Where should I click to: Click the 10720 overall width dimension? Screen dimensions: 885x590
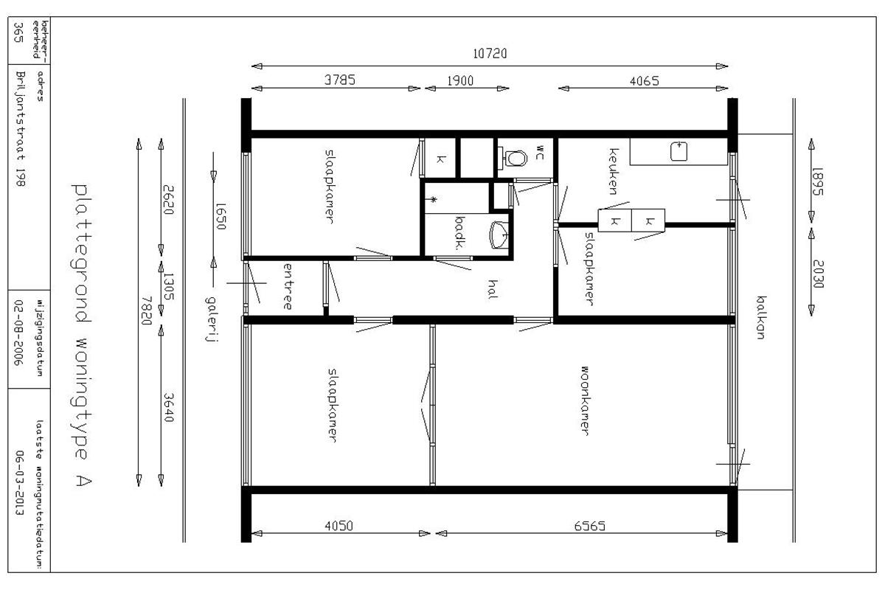(490, 53)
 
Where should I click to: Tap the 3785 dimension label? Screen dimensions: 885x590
(340, 80)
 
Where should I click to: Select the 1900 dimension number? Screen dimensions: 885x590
(460, 81)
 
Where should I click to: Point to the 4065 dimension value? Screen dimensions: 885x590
(645, 81)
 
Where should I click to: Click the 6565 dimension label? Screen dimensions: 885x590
(589, 526)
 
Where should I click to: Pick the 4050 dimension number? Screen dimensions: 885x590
(339, 526)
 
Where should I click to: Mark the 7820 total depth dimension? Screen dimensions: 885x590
(147, 311)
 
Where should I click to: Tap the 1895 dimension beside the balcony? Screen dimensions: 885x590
(817, 181)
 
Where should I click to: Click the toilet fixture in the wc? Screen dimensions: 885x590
(513, 158)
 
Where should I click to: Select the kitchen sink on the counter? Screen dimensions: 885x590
(678, 151)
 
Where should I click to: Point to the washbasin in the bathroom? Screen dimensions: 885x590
(499, 235)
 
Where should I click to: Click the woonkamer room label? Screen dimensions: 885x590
(586, 400)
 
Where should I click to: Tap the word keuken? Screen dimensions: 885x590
(613, 172)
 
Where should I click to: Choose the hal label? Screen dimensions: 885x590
(493, 289)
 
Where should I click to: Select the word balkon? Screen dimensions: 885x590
(761, 317)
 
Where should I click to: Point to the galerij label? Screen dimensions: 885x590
(212, 319)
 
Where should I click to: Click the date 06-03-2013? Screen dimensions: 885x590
(20, 483)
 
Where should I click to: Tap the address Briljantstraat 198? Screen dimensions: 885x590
(21, 128)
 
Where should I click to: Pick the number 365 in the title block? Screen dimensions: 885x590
(18, 32)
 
